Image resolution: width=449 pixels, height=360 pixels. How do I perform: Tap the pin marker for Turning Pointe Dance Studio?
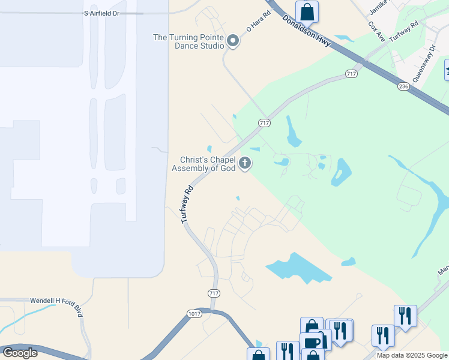pyautogui.click(x=233, y=41)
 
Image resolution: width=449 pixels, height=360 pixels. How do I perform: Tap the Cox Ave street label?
pyautogui.click(x=376, y=31)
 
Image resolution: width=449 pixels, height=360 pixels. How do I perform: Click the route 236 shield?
pyautogui.click(x=403, y=86)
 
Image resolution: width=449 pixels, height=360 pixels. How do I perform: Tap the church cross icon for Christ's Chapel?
pyautogui.click(x=245, y=163)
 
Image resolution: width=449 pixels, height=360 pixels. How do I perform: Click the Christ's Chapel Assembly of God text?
pyautogui.click(x=205, y=164)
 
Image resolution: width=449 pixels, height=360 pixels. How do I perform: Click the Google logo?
pyautogui.click(x=20, y=353)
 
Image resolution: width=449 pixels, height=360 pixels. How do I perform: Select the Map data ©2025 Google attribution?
pyautogui.click(x=412, y=355)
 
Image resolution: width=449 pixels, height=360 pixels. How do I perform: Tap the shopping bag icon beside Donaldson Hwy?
pyautogui.click(x=307, y=11)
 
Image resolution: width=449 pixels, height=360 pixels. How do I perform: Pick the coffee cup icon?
pyautogui.click(x=312, y=342)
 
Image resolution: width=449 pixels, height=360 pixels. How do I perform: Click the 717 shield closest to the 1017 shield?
pyautogui.click(x=214, y=293)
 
